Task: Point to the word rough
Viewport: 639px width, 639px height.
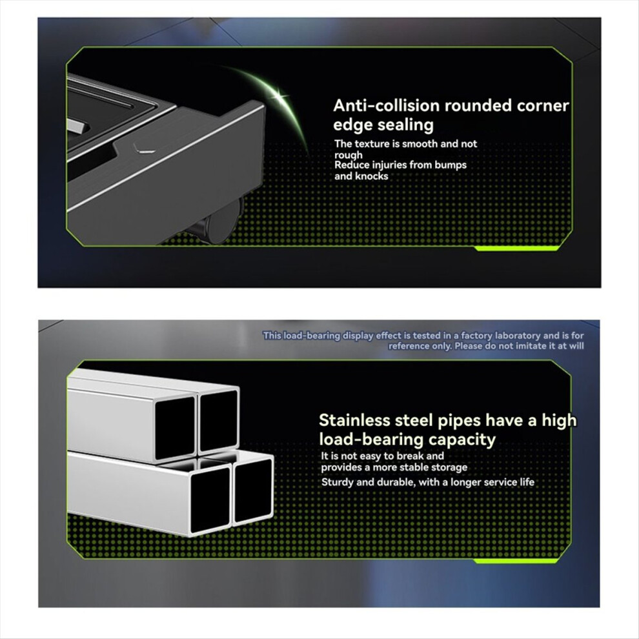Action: [349, 155]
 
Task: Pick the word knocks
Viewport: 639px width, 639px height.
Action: [372, 176]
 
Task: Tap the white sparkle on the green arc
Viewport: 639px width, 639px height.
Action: [279, 97]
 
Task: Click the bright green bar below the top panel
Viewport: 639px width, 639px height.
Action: [517, 249]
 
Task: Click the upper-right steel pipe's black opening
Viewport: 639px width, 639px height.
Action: [218, 421]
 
